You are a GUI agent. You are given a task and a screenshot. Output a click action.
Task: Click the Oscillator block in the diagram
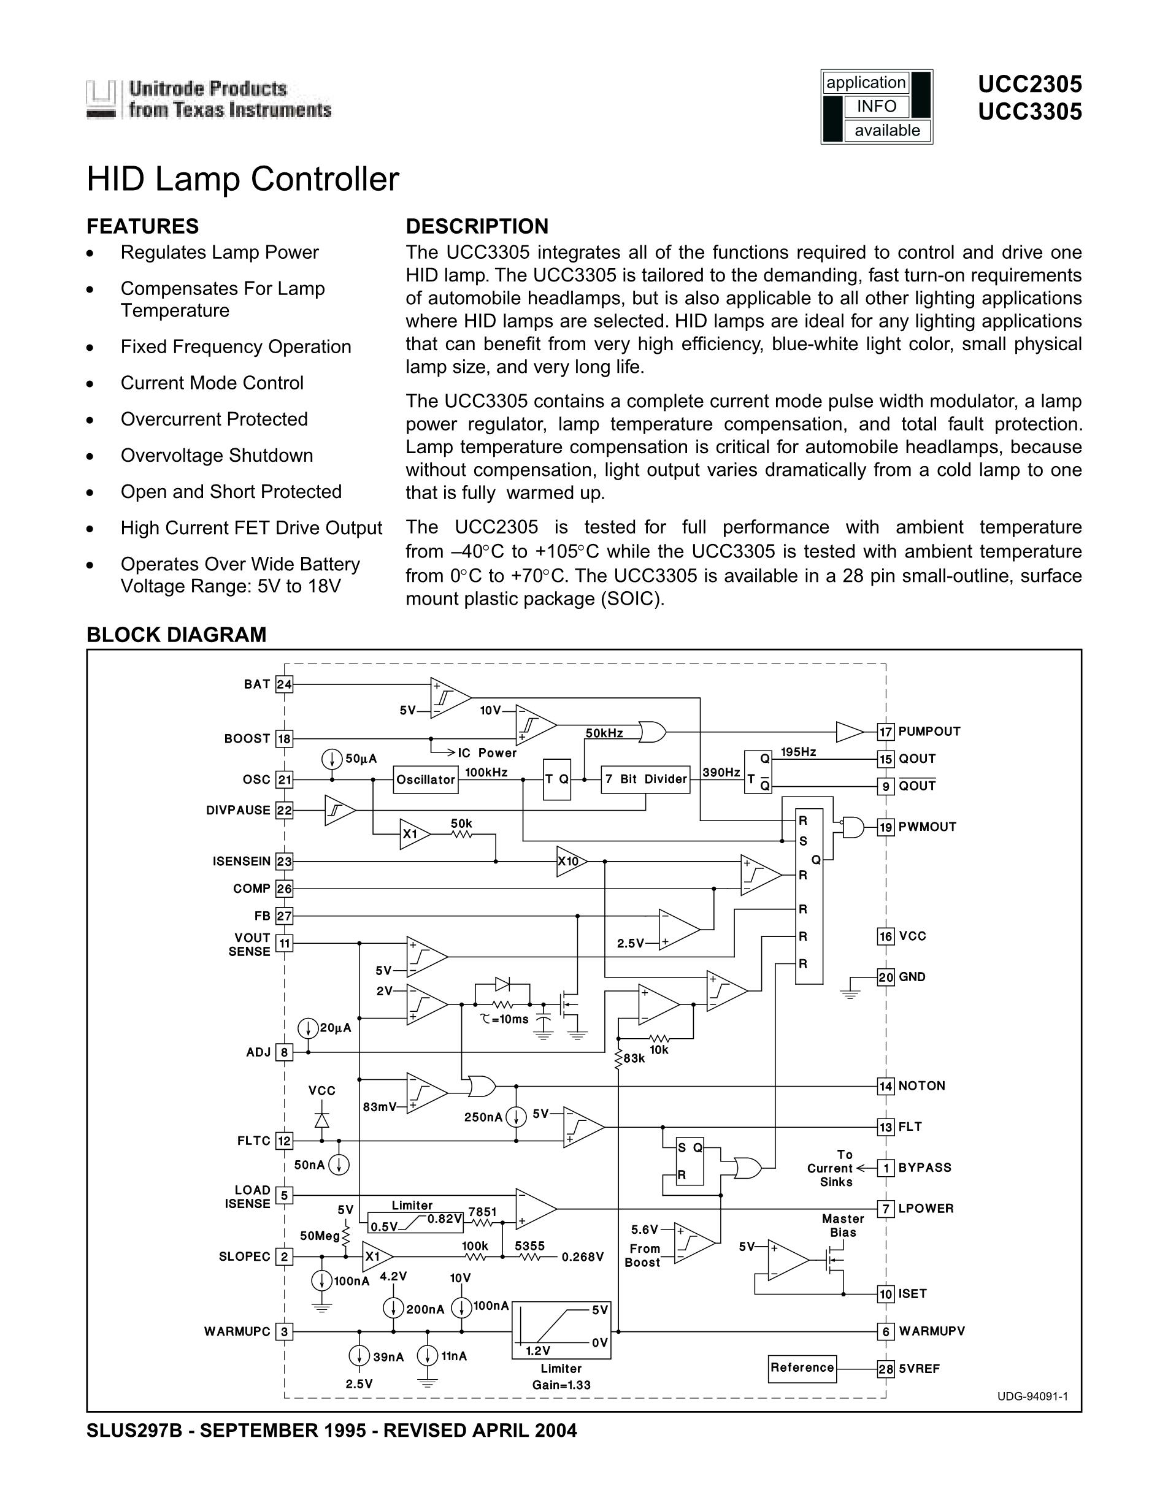(x=426, y=779)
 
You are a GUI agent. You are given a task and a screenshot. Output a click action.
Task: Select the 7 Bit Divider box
(x=645, y=779)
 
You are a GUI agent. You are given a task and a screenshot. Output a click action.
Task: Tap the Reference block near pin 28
(x=802, y=1368)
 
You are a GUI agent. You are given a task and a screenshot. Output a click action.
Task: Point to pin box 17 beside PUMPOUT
(x=886, y=732)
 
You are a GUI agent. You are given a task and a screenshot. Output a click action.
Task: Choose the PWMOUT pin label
(x=927, y=827)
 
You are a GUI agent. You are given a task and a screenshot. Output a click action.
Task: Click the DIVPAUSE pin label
(x=238, y=810)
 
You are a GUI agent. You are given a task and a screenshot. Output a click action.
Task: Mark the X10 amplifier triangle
(x=570, y=862)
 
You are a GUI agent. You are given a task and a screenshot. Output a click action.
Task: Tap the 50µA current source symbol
(x=332, y=759)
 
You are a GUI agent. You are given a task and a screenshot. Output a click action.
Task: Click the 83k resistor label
(x=634, y=1058)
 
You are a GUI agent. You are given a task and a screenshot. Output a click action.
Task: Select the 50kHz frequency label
(x=604, y=733)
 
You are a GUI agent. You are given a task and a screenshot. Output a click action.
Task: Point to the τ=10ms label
(x=504, y=1019)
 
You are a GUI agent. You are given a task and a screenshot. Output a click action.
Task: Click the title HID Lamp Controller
(x=243, y=179)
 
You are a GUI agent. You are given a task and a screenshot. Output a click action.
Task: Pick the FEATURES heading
(x=142, y=226)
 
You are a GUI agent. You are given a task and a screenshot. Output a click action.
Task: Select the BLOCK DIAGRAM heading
(x=177, y=635)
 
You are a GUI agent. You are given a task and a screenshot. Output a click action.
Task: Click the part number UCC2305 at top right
(x=1029, y=85)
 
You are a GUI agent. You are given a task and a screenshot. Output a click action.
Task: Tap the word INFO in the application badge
(x=876, y=107)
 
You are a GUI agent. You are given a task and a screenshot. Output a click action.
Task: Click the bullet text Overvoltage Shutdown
(x=217, y=455)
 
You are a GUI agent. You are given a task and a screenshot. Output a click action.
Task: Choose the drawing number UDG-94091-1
(x=1032, y=1396)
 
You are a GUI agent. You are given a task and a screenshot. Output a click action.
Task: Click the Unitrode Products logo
(x=209, y=99)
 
